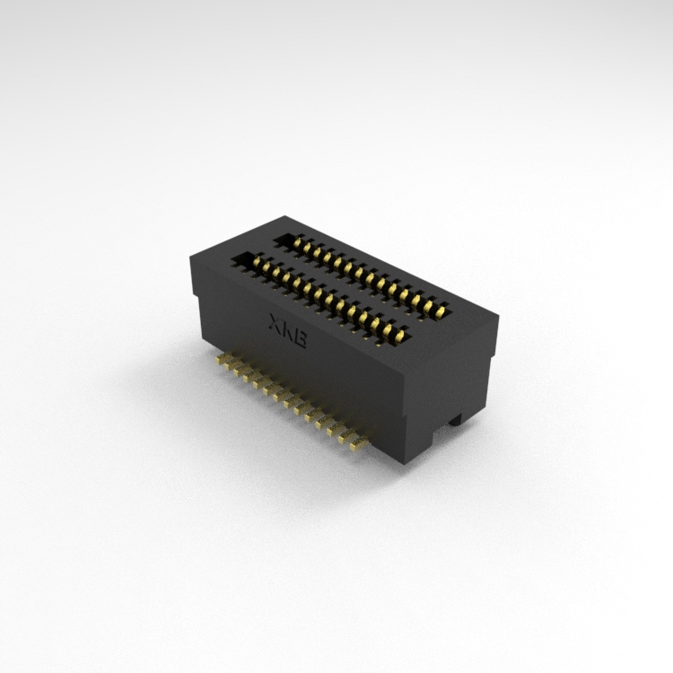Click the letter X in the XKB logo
coord(274,322)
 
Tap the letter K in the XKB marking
coord(286,330)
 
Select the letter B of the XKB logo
coord(300,338)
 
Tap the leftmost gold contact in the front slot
coord(257,262)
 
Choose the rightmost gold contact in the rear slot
coord(439,312)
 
